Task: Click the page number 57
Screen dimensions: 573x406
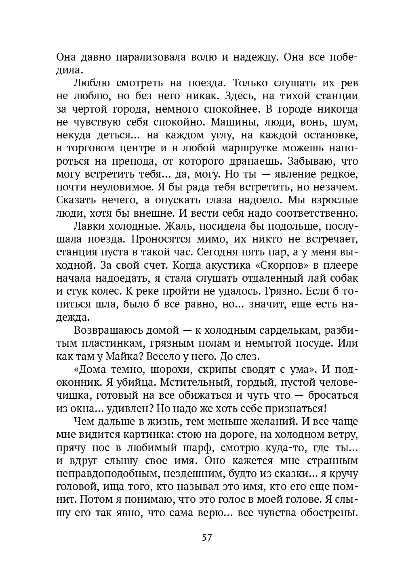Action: tap(207, 537)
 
